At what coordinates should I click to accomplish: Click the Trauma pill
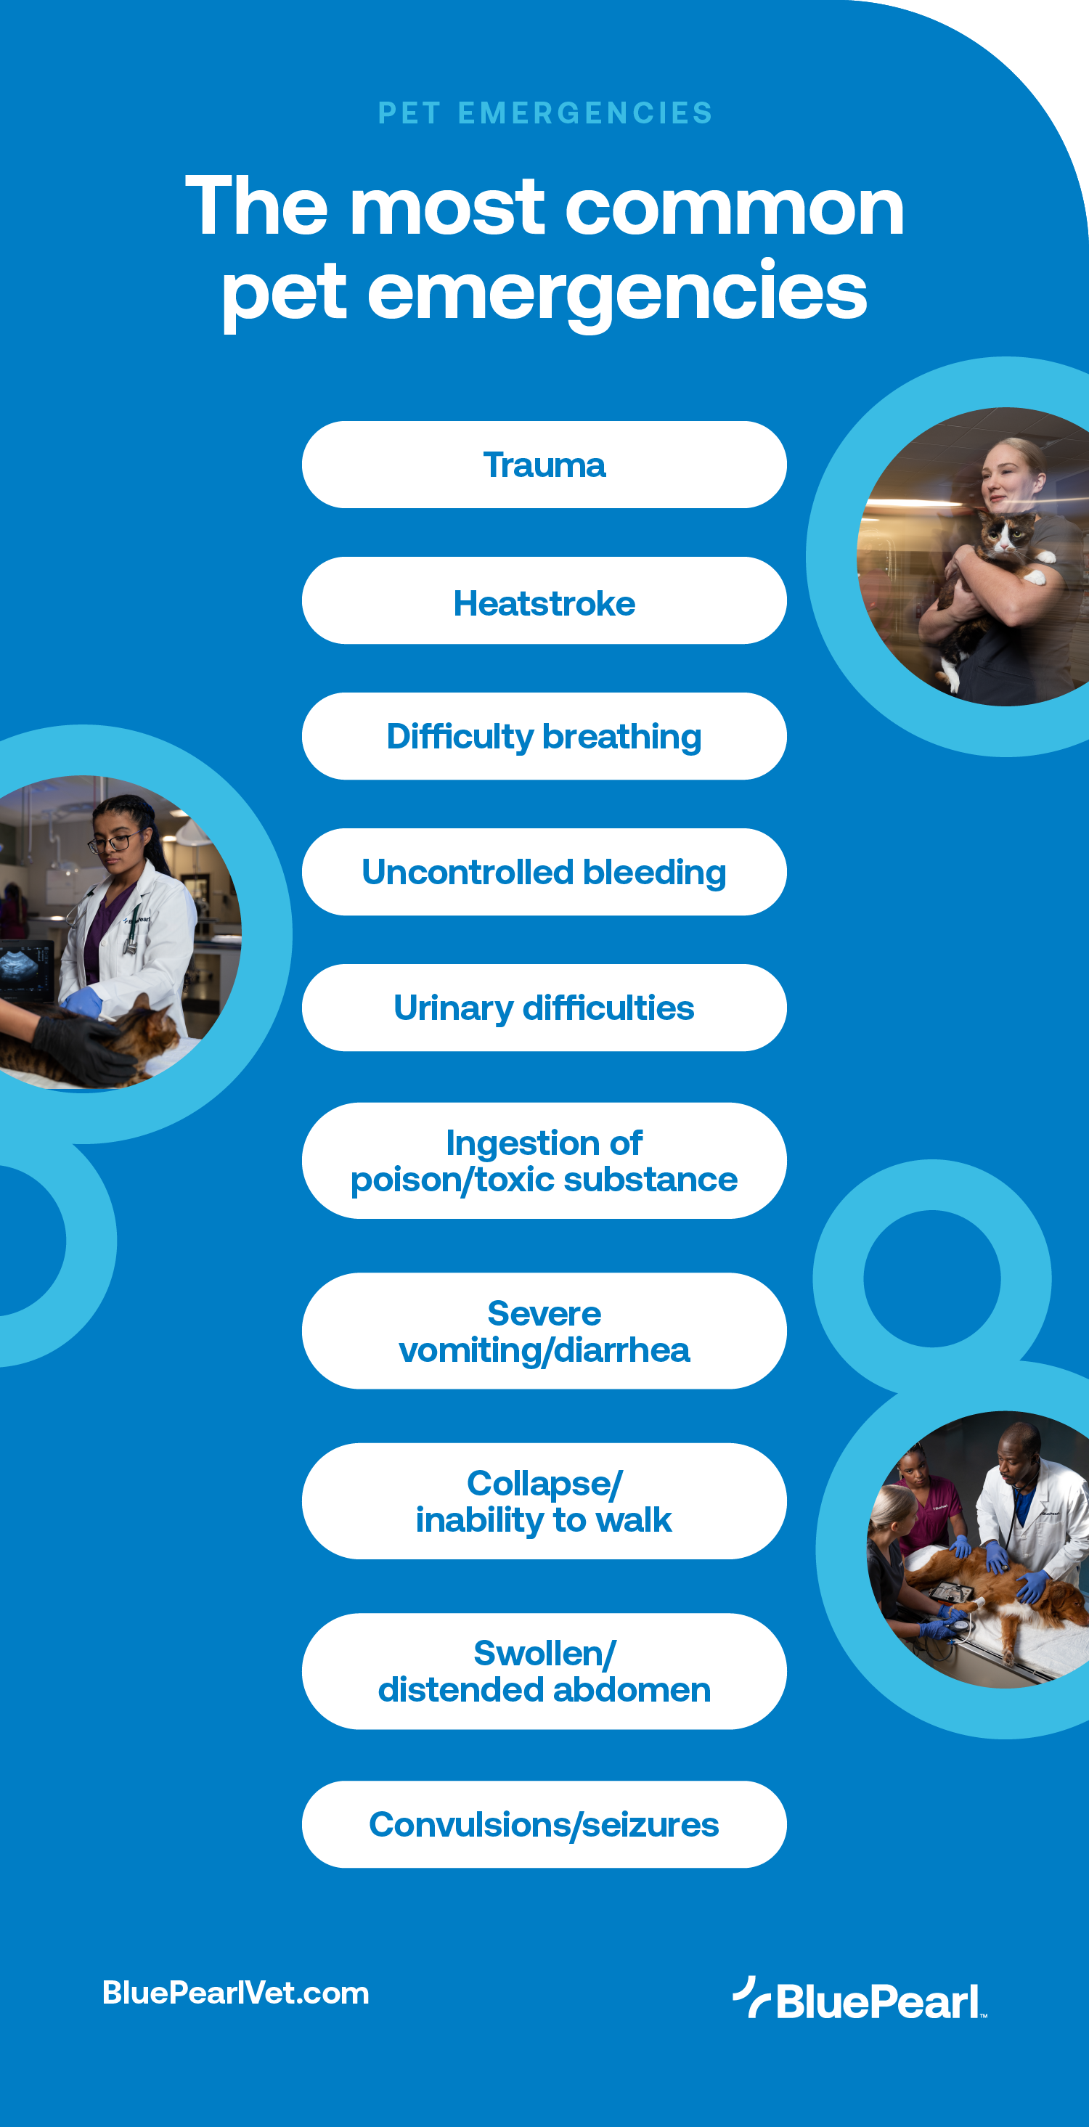pos(544,465)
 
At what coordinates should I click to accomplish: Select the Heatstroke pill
pos(544,602)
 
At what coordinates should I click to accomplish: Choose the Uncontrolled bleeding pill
pos(544,872)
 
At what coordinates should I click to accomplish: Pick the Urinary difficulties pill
pos(544,1008)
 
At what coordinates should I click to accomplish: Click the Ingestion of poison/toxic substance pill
pos(544,1160)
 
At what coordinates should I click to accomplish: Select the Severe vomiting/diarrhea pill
pos(544,1330)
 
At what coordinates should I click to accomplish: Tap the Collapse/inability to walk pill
pos(544,1501)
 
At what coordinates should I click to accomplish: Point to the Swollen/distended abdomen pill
pos(544,1670)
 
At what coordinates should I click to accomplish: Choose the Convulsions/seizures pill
pos(544,1824)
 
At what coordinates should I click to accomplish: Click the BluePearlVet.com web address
pos(235,1993)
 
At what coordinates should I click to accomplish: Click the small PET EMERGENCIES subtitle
pos(545,113)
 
